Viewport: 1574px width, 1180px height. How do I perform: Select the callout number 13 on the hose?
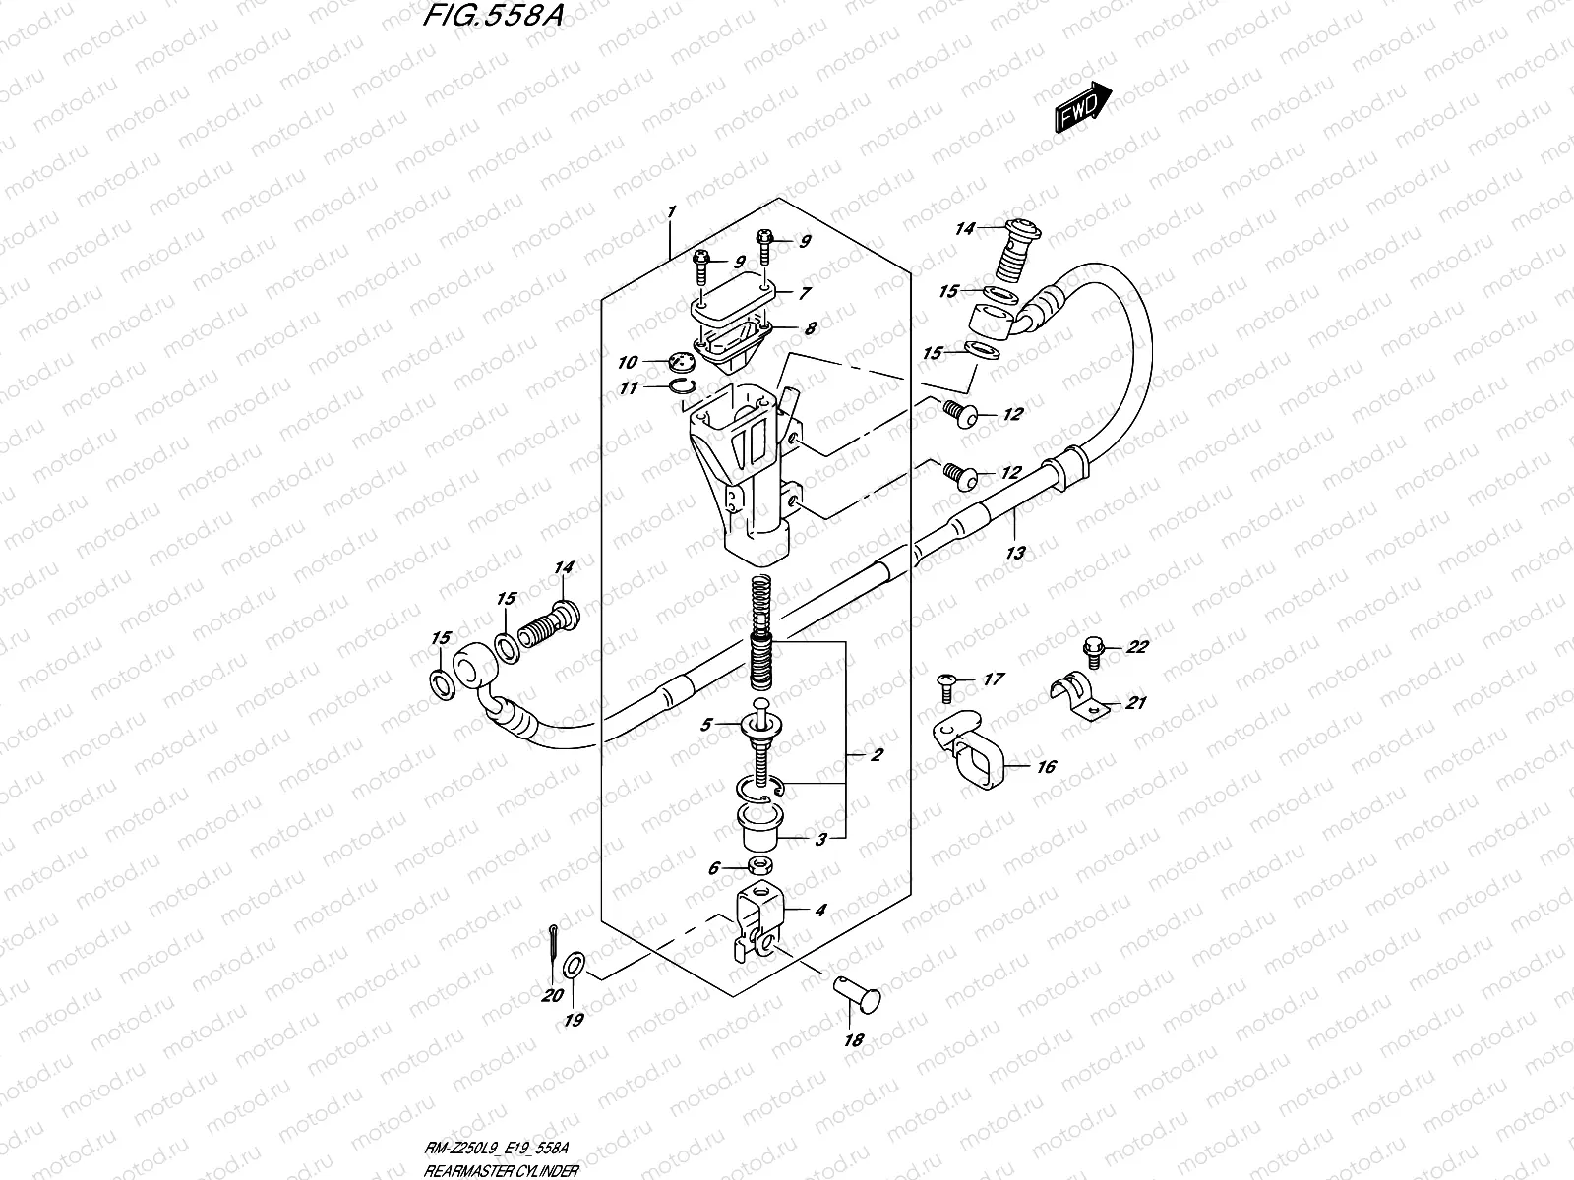click(1015, 553)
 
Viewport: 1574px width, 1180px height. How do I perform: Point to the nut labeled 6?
click(757, 866)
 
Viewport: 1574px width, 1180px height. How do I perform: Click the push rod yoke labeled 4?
click(759, 924)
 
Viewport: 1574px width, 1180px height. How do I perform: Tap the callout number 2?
click(877, 756)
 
